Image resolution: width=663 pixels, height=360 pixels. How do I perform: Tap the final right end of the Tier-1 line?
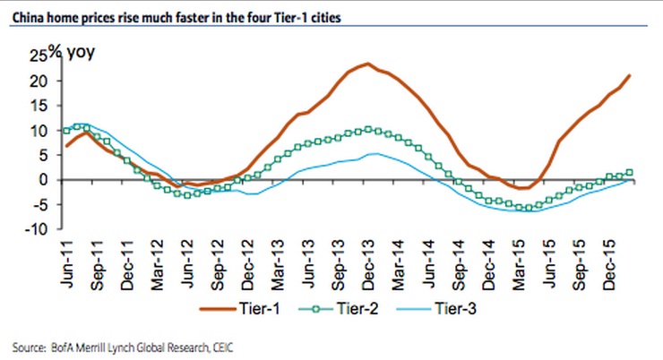[631, 74]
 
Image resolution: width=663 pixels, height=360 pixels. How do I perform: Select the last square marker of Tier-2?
[631, 172]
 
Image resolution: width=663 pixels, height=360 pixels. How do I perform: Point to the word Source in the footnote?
[29, 346]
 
